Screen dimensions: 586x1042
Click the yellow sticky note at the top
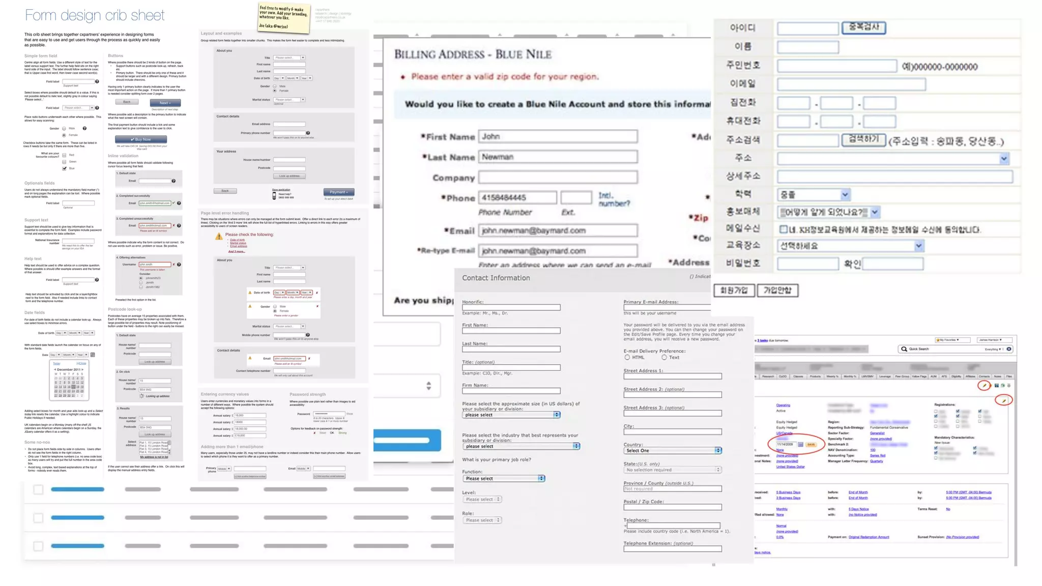(284, 17)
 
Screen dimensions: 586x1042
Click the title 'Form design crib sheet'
(95, 15)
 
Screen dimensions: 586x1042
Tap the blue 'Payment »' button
(338, 192)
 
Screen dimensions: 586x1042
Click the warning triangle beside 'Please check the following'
(218, 236)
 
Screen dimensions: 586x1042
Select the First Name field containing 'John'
(558, 136)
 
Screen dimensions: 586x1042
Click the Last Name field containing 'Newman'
(558, 157)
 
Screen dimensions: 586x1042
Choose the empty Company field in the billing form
(558, 177)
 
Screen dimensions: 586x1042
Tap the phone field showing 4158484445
(517, 197)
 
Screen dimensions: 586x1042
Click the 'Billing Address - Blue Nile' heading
(473, 54)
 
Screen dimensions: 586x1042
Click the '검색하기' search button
(863, 139)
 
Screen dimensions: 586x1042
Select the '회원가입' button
(734, 290)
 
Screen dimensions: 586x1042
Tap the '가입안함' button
(777, 290)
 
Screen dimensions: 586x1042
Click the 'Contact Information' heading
(496, 278)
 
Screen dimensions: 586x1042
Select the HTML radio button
(627, 358)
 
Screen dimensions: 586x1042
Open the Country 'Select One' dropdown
(673, 450)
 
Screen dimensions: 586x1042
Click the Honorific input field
(511, 307)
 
